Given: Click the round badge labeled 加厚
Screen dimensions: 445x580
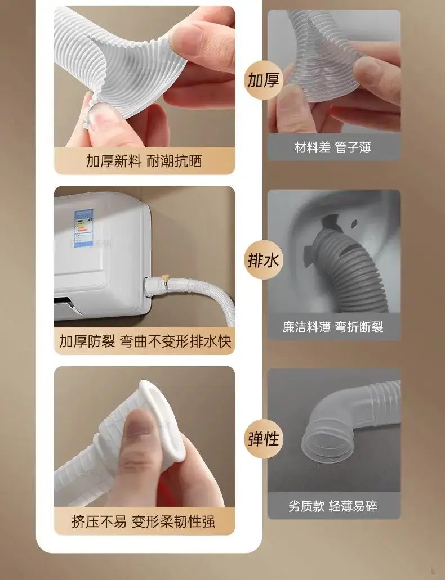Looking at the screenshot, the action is point(264,80).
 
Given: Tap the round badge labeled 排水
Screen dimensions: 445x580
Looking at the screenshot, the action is point(264,260).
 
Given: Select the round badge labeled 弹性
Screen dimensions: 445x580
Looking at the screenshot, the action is point(264,439).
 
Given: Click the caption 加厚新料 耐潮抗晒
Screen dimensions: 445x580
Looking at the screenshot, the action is point(144,161).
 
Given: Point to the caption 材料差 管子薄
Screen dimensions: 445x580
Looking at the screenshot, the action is point(333,147).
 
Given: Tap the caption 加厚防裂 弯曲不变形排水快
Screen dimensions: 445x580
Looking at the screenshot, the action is point(145,341).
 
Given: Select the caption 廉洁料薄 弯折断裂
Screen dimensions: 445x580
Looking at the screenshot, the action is point(333,327).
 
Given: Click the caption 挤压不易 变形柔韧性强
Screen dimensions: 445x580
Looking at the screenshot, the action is point(144,521).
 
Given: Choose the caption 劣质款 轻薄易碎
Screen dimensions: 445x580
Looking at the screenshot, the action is point(333,506).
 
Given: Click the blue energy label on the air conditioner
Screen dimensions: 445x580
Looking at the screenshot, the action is point(84,228).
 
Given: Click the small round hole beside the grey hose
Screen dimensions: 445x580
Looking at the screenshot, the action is point(354,223).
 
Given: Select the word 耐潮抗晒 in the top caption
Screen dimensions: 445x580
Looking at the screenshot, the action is point(174,161).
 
